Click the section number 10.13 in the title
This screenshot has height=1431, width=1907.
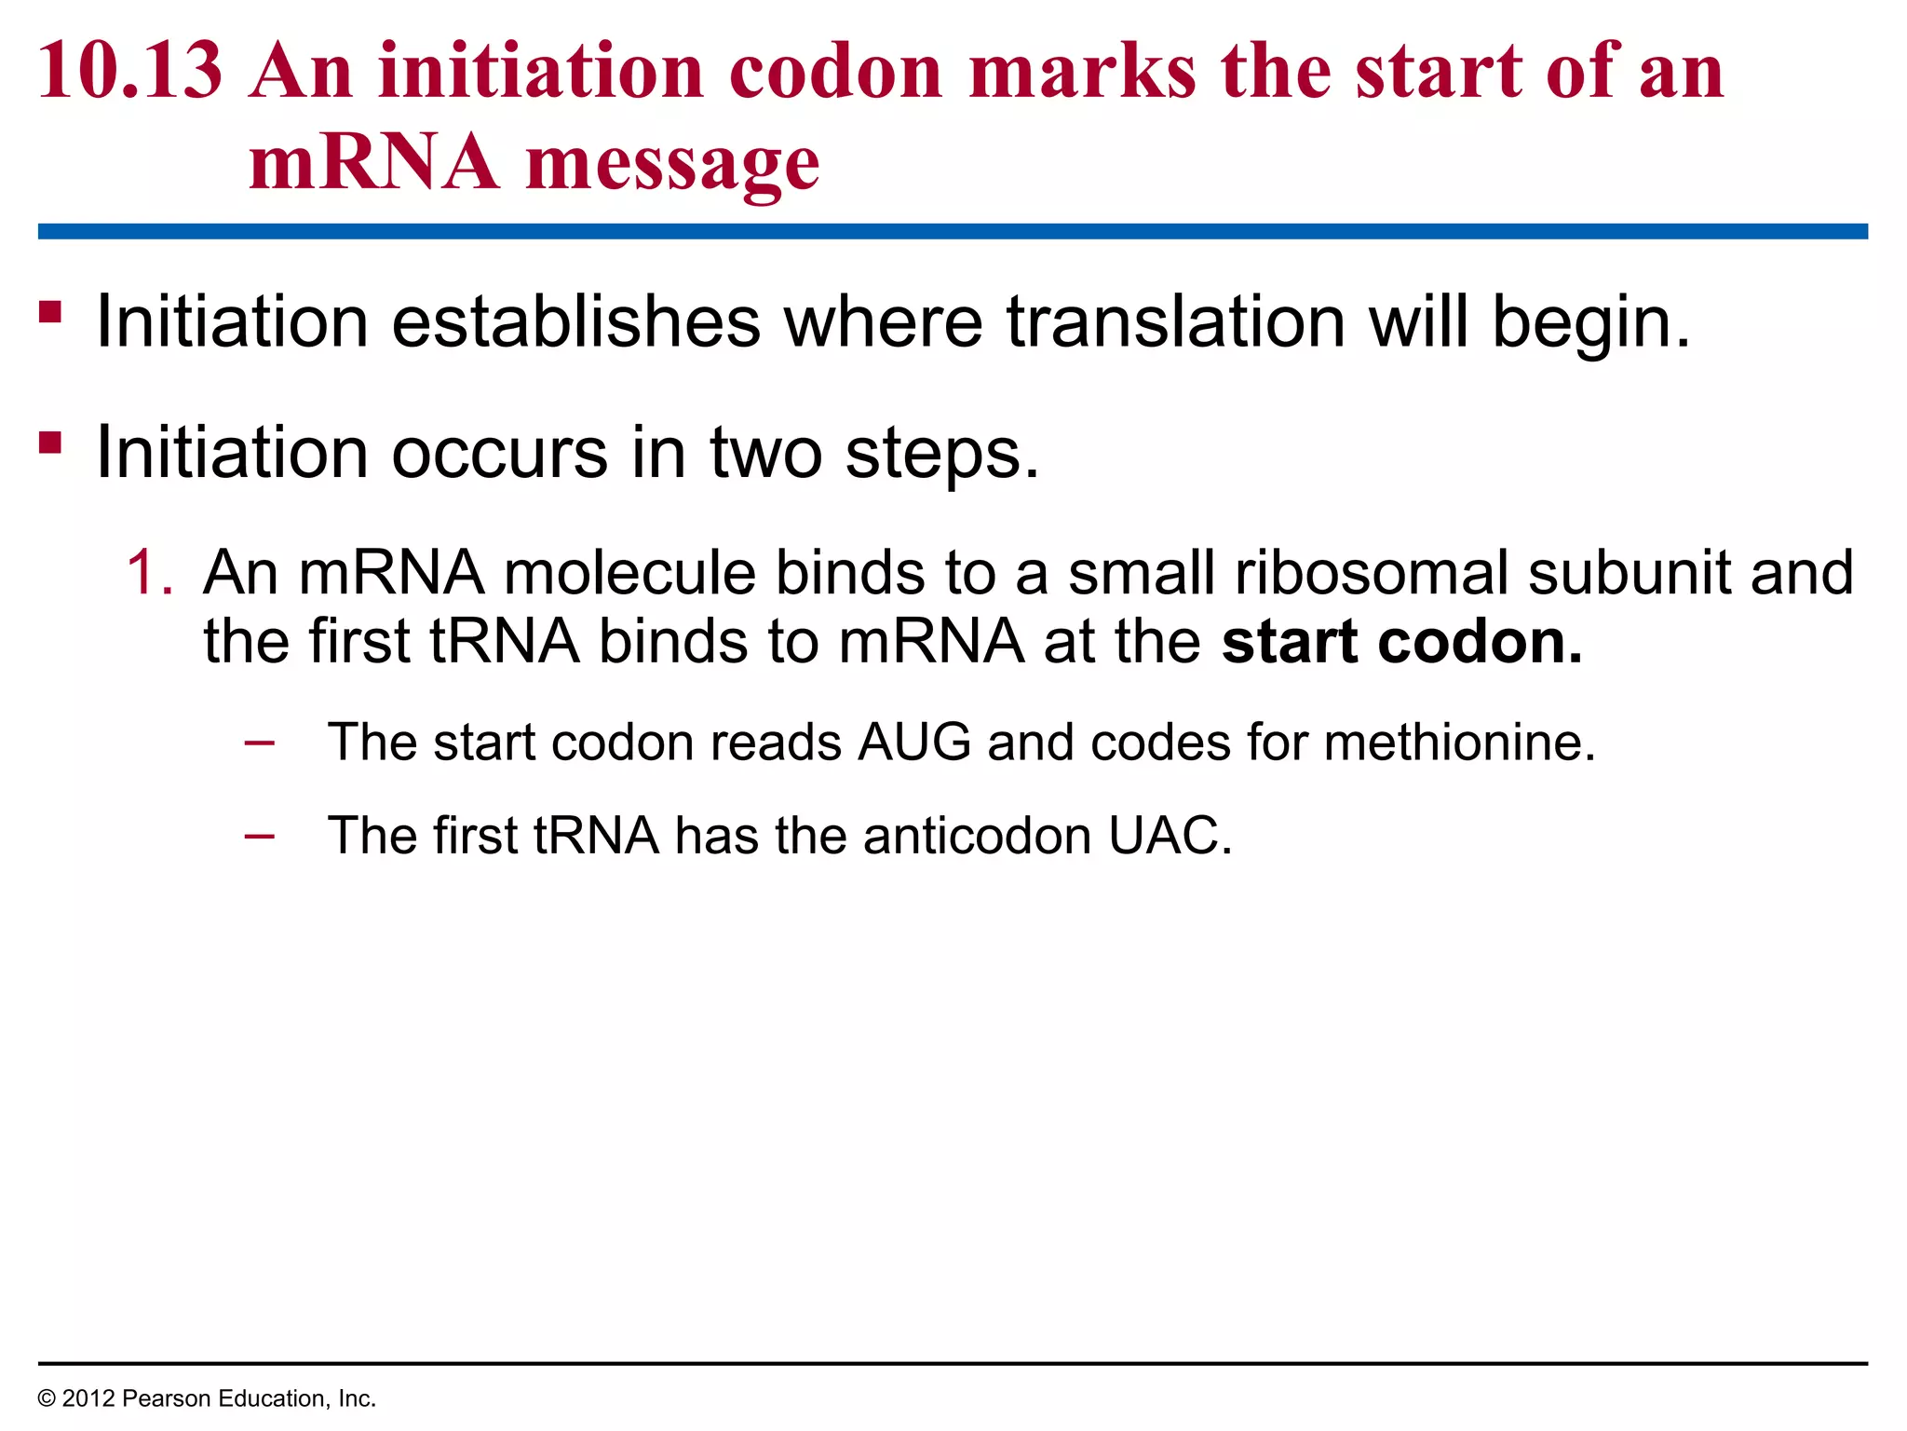click(x=130, y=72)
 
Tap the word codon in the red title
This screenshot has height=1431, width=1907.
click(x=835, y=72)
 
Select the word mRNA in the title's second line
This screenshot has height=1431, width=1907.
click(x=373, y=163)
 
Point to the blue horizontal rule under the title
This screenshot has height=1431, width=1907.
click(x=953, y=231)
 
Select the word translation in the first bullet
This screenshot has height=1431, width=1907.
click(x=1175, y=321)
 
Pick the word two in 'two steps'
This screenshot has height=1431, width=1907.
click(x=766, y=453)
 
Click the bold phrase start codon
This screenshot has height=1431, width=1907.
click(x=1401, y=642)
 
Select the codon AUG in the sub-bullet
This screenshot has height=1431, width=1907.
click(x=914, y=743)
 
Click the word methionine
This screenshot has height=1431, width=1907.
click(x=1459, y=743)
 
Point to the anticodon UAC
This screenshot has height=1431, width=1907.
click(x=1169, y=835)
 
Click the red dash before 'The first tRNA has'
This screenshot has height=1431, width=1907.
click(x=259, y=835)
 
